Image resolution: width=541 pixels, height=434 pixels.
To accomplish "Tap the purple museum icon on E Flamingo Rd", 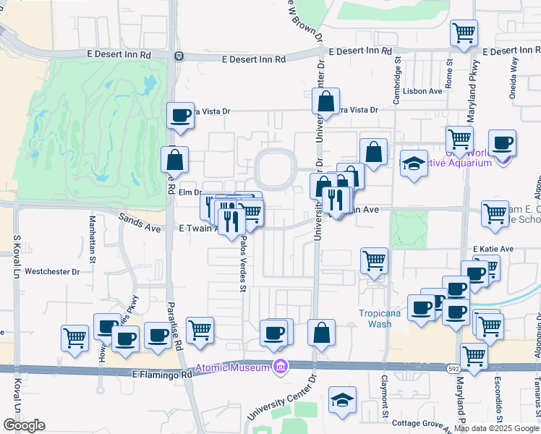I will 280,367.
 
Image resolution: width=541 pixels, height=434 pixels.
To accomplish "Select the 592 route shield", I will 449,368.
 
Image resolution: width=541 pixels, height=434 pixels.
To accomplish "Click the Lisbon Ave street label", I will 425,91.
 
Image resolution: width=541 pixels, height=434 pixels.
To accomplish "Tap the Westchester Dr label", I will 52,272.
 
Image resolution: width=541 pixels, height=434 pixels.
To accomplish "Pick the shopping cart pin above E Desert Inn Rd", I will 464,33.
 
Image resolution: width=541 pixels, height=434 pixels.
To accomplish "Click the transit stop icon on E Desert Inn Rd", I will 178,56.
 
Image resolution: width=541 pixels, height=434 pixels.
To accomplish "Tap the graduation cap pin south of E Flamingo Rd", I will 342,400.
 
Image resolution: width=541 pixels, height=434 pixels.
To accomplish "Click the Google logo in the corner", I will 24,425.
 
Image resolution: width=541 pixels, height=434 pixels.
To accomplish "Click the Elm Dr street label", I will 189,192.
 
